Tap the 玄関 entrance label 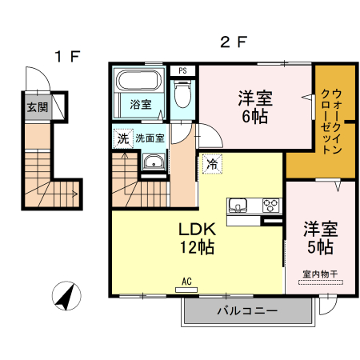tap(36, 107)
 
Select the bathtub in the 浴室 tap(141, 83)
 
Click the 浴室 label tap(141, 104)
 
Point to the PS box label tap(183, 70)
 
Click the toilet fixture tap(183, 97)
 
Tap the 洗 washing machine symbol tap(122, 138)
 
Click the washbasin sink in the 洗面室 tap(151, 164)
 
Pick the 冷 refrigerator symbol tap(212, 163)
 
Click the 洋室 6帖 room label tap(254, 107)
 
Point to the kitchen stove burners tap(271, 203)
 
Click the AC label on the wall tap(186, 282)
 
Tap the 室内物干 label tap(320, 274)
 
